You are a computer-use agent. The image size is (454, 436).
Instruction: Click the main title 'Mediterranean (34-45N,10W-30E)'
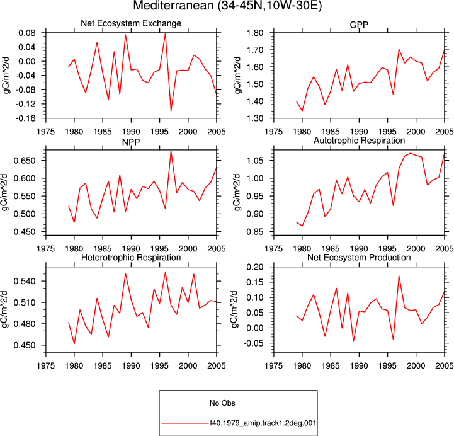227,6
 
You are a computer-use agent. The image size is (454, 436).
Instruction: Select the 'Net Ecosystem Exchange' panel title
131,23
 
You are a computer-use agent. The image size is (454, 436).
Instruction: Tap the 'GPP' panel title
359,25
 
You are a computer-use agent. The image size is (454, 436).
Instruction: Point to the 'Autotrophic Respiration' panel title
359,141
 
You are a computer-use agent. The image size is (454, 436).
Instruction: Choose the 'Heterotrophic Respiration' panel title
131,258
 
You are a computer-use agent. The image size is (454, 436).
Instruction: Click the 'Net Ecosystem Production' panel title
359,258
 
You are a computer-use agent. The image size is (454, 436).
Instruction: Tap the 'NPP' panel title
131,142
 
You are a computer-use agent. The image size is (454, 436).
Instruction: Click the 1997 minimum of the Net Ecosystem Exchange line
171,111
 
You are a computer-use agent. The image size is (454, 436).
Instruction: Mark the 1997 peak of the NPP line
171,151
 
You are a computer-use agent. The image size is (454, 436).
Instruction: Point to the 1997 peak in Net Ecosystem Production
399,276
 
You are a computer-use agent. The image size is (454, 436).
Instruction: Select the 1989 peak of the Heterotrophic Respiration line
125,273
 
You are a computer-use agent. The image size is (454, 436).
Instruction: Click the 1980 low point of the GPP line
302,111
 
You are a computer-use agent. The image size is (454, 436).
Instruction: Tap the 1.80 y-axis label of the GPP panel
255,33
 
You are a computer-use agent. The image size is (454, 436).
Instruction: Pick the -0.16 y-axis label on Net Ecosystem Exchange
25,118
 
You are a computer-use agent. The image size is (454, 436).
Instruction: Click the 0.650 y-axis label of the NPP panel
25,161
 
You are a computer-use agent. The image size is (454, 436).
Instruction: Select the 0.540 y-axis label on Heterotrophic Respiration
25,281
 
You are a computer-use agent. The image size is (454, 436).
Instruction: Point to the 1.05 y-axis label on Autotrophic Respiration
255,161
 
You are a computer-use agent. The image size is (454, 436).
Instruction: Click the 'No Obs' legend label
222,403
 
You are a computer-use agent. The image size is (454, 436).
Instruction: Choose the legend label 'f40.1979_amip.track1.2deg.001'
263,423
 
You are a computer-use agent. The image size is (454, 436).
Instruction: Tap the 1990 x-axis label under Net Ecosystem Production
359,366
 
